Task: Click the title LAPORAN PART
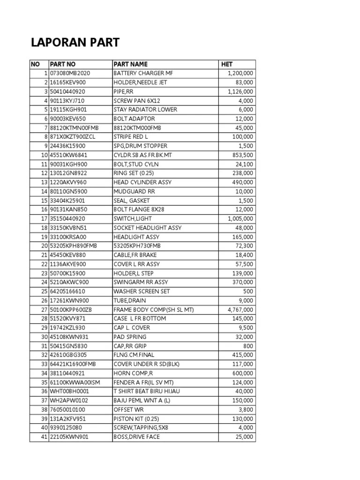(x=75, y=43)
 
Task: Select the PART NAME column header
(x=130, y=64)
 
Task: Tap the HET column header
(x=227, y=64)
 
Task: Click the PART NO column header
(x=63, y=64)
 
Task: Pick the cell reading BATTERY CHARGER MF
(x=146, y=73)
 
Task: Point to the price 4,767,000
(x=240, y=310)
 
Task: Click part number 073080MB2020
(x=70, y=73)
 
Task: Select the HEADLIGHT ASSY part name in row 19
(x=136, y=237)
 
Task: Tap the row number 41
(x=44, y=437)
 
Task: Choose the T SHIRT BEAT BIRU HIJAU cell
(x=147, y=391)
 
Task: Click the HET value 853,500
(x=243, y=155)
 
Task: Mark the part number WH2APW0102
(x=69, y=401)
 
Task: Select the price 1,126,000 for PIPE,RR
(x=240, y=91)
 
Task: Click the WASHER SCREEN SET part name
(x=142, y=292)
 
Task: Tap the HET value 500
(x=248, y=292)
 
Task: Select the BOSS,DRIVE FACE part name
(x=136, y=437)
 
